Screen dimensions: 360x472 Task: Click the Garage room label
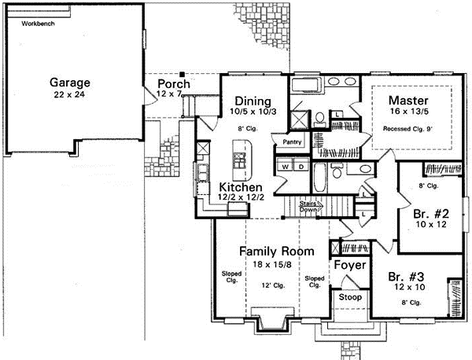(x=70, y=82)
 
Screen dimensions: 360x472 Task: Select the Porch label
(x=172, y=84)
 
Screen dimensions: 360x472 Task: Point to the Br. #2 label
(x=430, y=213)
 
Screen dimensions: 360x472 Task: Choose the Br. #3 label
(x=406, y=277)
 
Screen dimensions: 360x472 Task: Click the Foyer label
(x=349, y=266)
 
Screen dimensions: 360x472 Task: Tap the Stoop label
(x=349, y=299)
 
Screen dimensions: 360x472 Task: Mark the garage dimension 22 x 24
(x=70, y=94)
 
